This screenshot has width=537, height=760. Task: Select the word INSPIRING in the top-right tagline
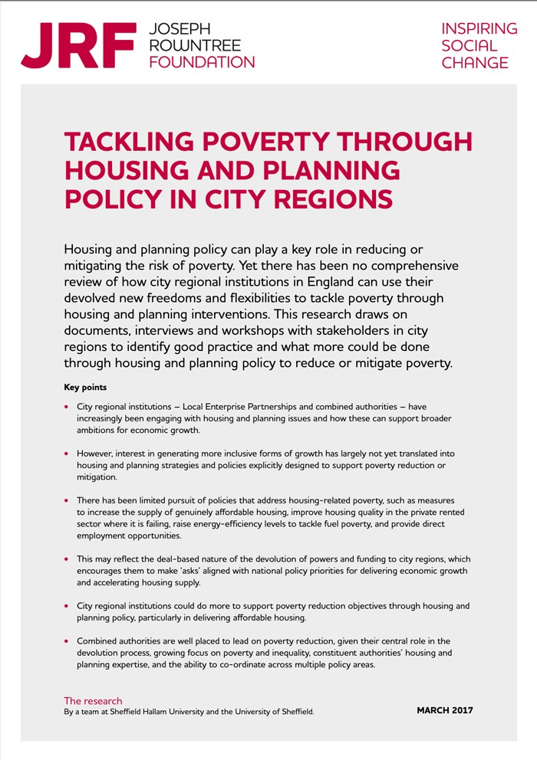479,29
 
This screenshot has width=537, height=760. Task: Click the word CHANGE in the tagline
475,63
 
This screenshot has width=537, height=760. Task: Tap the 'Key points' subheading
85,388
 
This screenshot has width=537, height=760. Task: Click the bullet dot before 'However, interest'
67,455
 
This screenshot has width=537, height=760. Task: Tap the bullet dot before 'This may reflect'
67,560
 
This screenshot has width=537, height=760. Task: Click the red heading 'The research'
93,700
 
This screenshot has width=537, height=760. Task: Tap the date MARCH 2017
445,710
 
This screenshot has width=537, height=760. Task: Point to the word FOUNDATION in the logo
201,62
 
